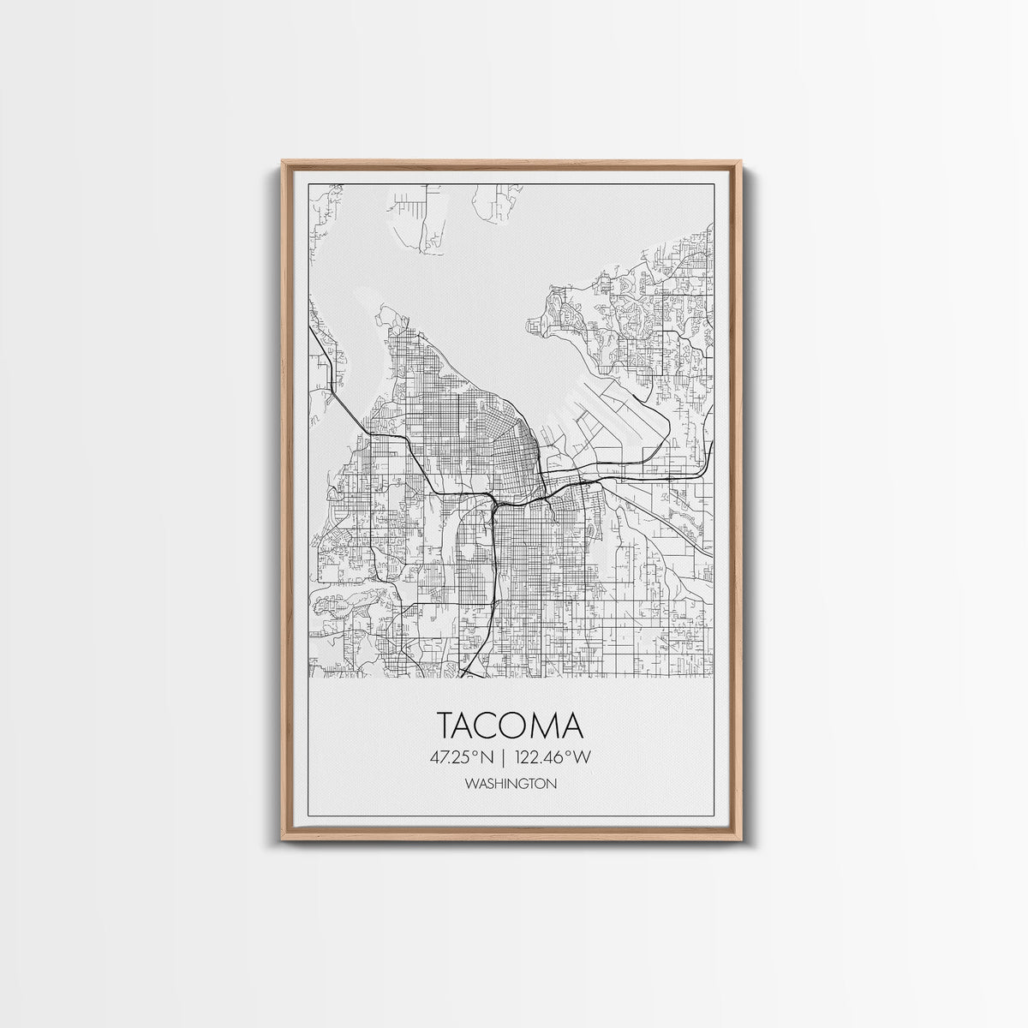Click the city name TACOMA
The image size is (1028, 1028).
[511, 725]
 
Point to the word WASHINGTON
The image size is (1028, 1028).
[511, 783]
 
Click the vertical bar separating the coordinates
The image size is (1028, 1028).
[505, 756]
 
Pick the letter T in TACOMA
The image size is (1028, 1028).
[449, 725]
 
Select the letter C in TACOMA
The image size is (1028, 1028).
[497, 725]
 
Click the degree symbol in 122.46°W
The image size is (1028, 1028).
[574, 752]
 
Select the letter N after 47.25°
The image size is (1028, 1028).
[489, 756]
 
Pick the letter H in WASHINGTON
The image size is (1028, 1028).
[499, 783]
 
